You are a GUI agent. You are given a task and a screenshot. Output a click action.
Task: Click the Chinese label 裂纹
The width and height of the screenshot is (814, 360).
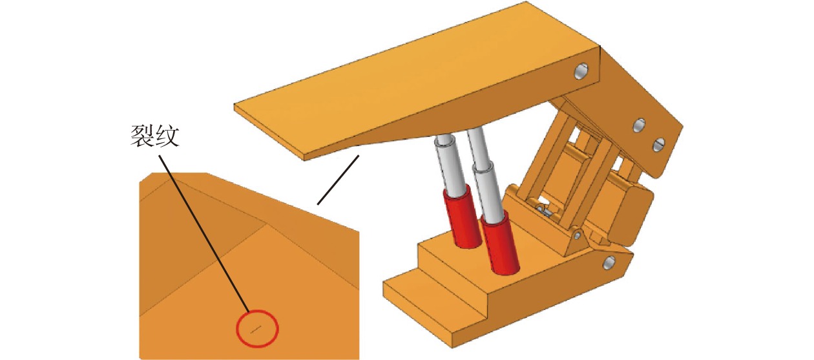155,136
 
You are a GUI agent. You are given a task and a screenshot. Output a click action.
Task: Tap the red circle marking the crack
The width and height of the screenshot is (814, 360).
258,329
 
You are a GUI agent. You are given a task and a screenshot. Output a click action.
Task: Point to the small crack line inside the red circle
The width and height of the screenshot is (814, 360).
256,330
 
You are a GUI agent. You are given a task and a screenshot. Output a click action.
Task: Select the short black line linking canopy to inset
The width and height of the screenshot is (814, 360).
339,180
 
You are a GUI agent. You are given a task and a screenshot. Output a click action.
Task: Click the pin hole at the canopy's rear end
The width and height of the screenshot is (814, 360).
581,71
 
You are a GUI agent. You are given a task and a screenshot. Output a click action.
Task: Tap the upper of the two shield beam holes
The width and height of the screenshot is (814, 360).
639,125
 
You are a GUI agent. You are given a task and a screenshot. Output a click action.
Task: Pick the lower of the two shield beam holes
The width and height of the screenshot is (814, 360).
659,145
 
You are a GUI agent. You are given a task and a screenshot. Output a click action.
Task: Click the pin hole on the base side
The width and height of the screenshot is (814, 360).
609,262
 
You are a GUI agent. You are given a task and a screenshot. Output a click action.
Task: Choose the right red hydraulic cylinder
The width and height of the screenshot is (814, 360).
499,244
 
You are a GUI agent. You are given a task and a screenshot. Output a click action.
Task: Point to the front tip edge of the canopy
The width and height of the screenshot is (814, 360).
269,133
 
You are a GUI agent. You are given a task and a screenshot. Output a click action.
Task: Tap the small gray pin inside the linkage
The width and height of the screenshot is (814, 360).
545,211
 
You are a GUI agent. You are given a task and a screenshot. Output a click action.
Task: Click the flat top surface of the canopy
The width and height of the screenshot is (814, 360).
418,73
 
